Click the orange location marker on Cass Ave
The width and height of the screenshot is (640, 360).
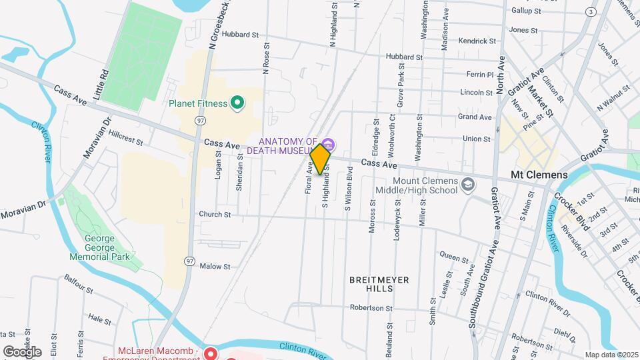(321, 159)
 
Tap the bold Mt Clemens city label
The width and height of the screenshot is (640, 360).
(539, 175)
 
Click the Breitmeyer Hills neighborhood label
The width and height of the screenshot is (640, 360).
(379, 284)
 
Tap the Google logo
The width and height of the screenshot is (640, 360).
(21, 351)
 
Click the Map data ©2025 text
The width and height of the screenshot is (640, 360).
(611, 355)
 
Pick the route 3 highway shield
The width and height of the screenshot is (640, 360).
(590, 12)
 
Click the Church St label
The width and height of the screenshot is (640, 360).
(214, 215)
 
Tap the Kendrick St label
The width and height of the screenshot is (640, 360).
(477, 41)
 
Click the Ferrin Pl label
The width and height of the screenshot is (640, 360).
(479, 75)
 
